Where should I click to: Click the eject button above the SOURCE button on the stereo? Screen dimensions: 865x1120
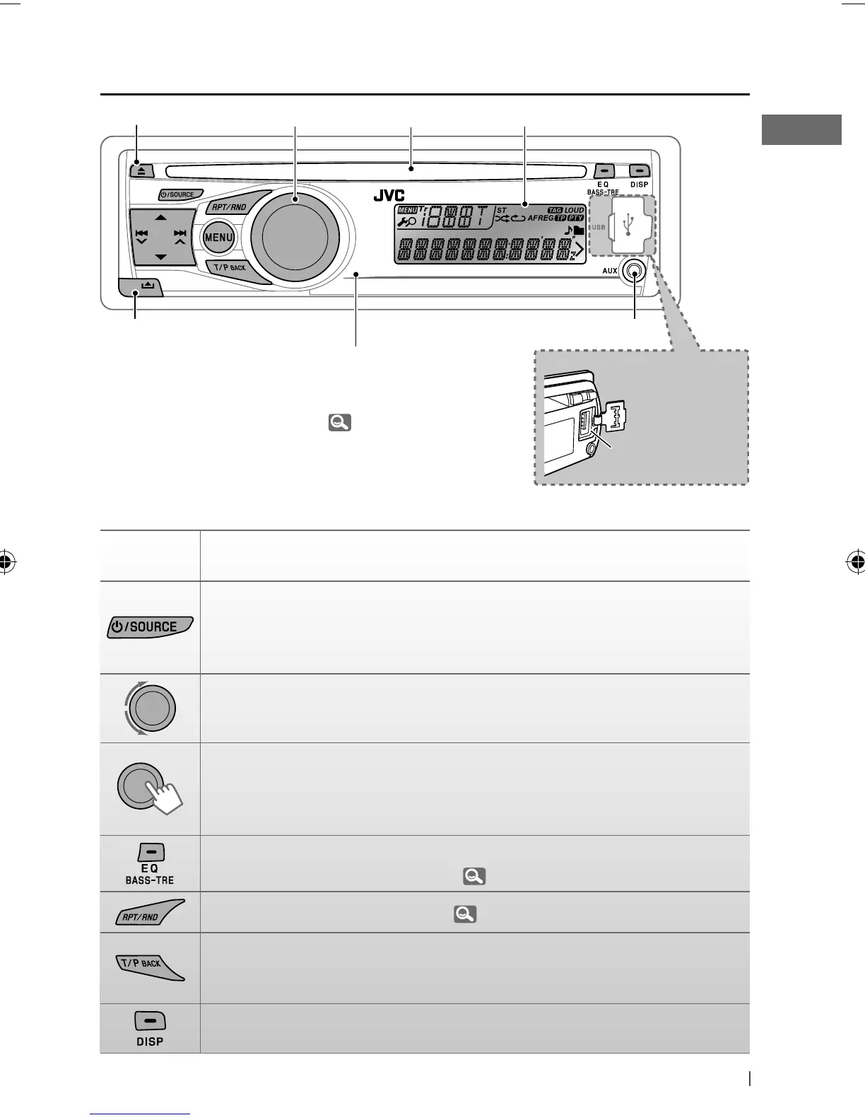(139, 170)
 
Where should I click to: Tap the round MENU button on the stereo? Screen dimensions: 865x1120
(218, 238)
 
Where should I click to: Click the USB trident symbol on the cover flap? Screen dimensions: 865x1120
(629, 223)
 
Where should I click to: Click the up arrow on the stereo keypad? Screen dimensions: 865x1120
(161, 217)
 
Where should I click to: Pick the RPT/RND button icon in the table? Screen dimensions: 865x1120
(150, 913)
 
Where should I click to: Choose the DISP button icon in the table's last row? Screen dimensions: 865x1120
(150, 1028)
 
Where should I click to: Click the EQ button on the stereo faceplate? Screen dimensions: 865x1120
(603, 171)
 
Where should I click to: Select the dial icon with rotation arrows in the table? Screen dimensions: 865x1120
(150, 708)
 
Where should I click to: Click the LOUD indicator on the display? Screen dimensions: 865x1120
(575, 210)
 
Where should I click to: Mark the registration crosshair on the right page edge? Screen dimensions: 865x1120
(856, 563)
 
